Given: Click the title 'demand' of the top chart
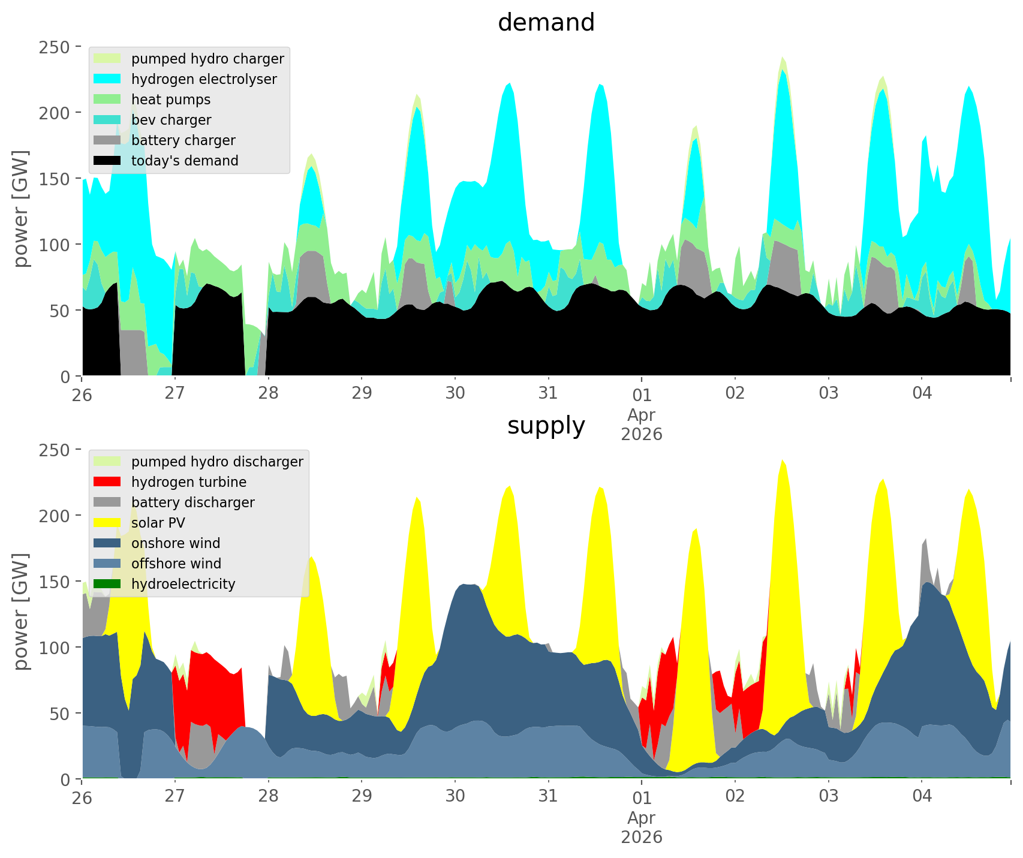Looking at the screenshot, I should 546,23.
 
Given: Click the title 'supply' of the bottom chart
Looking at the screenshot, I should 546,426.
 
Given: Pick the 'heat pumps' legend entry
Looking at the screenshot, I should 171,100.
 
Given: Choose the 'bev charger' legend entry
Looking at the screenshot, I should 171,120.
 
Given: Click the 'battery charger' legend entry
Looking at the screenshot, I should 183,140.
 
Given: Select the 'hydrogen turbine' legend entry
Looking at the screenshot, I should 188,482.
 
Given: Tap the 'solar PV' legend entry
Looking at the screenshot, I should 158,523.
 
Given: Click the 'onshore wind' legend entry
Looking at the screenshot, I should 176,543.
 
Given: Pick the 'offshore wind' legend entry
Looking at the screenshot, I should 176,564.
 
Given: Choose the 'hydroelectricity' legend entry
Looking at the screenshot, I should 183,584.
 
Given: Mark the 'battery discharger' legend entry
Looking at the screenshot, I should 192,502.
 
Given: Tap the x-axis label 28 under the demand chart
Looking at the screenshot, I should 269,393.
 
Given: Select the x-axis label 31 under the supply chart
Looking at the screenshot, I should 548,796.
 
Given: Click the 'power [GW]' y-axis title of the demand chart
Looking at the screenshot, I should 22,209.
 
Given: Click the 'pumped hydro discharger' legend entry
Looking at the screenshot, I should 217,462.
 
